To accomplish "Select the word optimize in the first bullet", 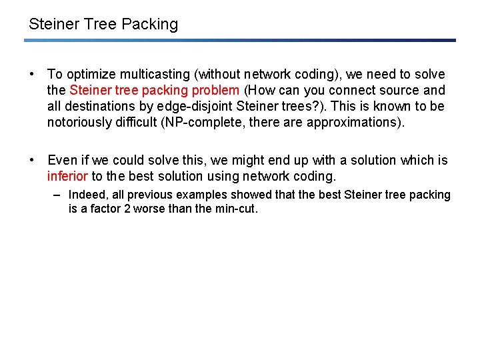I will (x=91, y=75).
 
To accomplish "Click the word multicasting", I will (x=156, y=75).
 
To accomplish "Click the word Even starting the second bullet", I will (x=62, y=161).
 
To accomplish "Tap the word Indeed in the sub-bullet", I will (x=86, y=195).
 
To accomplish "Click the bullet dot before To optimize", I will (x=32, y=75).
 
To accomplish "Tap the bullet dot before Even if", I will (x=32, y=161).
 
